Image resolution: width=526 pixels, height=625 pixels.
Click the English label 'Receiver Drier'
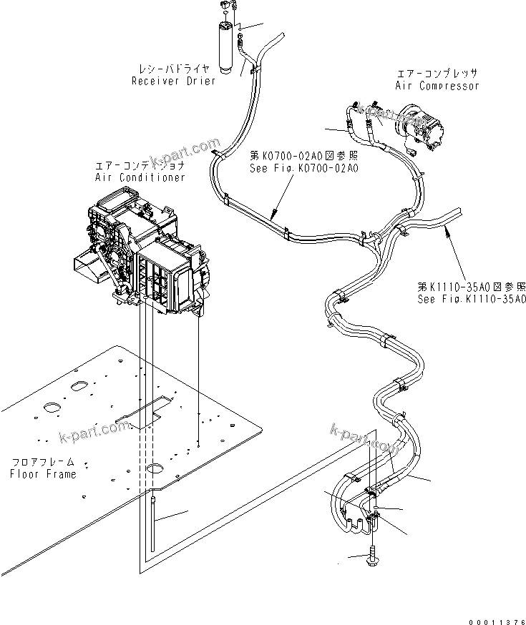[172, 81]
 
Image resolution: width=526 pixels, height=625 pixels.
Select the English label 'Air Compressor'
[437, 86]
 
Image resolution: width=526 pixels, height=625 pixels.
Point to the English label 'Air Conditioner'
[140, 177]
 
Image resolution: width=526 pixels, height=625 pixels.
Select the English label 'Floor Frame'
[43, 474]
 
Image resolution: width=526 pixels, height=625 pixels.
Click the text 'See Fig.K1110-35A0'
[472, 299]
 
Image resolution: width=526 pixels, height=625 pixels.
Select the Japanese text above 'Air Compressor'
[437, 74]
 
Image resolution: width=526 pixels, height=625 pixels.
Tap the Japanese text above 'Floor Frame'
[43, 462]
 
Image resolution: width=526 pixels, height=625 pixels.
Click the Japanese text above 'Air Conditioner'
[139, 165]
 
